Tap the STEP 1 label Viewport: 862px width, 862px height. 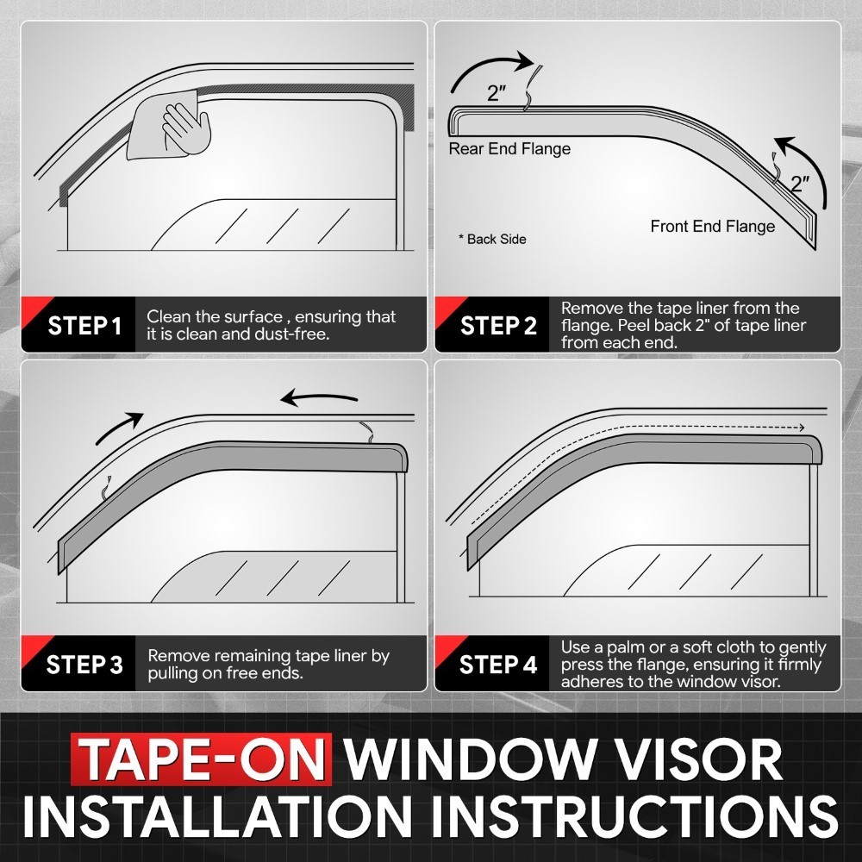[84, 327]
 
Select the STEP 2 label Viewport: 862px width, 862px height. [498, 326]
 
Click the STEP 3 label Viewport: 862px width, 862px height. [84, 665]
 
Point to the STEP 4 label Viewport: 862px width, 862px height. [498, 665]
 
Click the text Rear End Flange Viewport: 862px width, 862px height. [509, 149]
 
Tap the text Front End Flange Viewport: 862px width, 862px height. [712, 227]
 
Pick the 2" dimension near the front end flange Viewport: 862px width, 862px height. [801, 184]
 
